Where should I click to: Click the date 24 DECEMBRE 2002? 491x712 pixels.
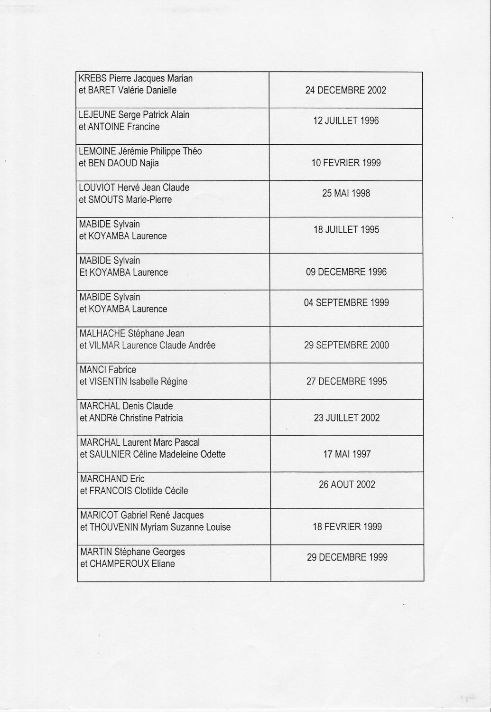(x=345, y=90)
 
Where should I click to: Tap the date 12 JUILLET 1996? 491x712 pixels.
(x=346, y=121)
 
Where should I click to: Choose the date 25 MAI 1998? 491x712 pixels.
(x=346, y=193)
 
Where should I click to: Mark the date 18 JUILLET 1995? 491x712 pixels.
(x=346, y=230)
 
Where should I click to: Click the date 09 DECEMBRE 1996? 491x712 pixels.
(x=346, y=272)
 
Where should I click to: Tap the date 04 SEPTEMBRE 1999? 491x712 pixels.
(x=346, y=302)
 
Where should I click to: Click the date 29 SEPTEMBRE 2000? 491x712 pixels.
(x=346, y=345)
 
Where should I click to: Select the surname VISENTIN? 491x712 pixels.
(x=109, y=382)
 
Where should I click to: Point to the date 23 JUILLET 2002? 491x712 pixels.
(x=346, y=418)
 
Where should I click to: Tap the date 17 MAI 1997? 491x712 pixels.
(x=347, y=454)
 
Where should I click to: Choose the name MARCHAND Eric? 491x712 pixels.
(x=112, y=479)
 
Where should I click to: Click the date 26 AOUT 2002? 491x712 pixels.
(x=347, y=485)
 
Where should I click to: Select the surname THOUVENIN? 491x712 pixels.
(x=114, y=527)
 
